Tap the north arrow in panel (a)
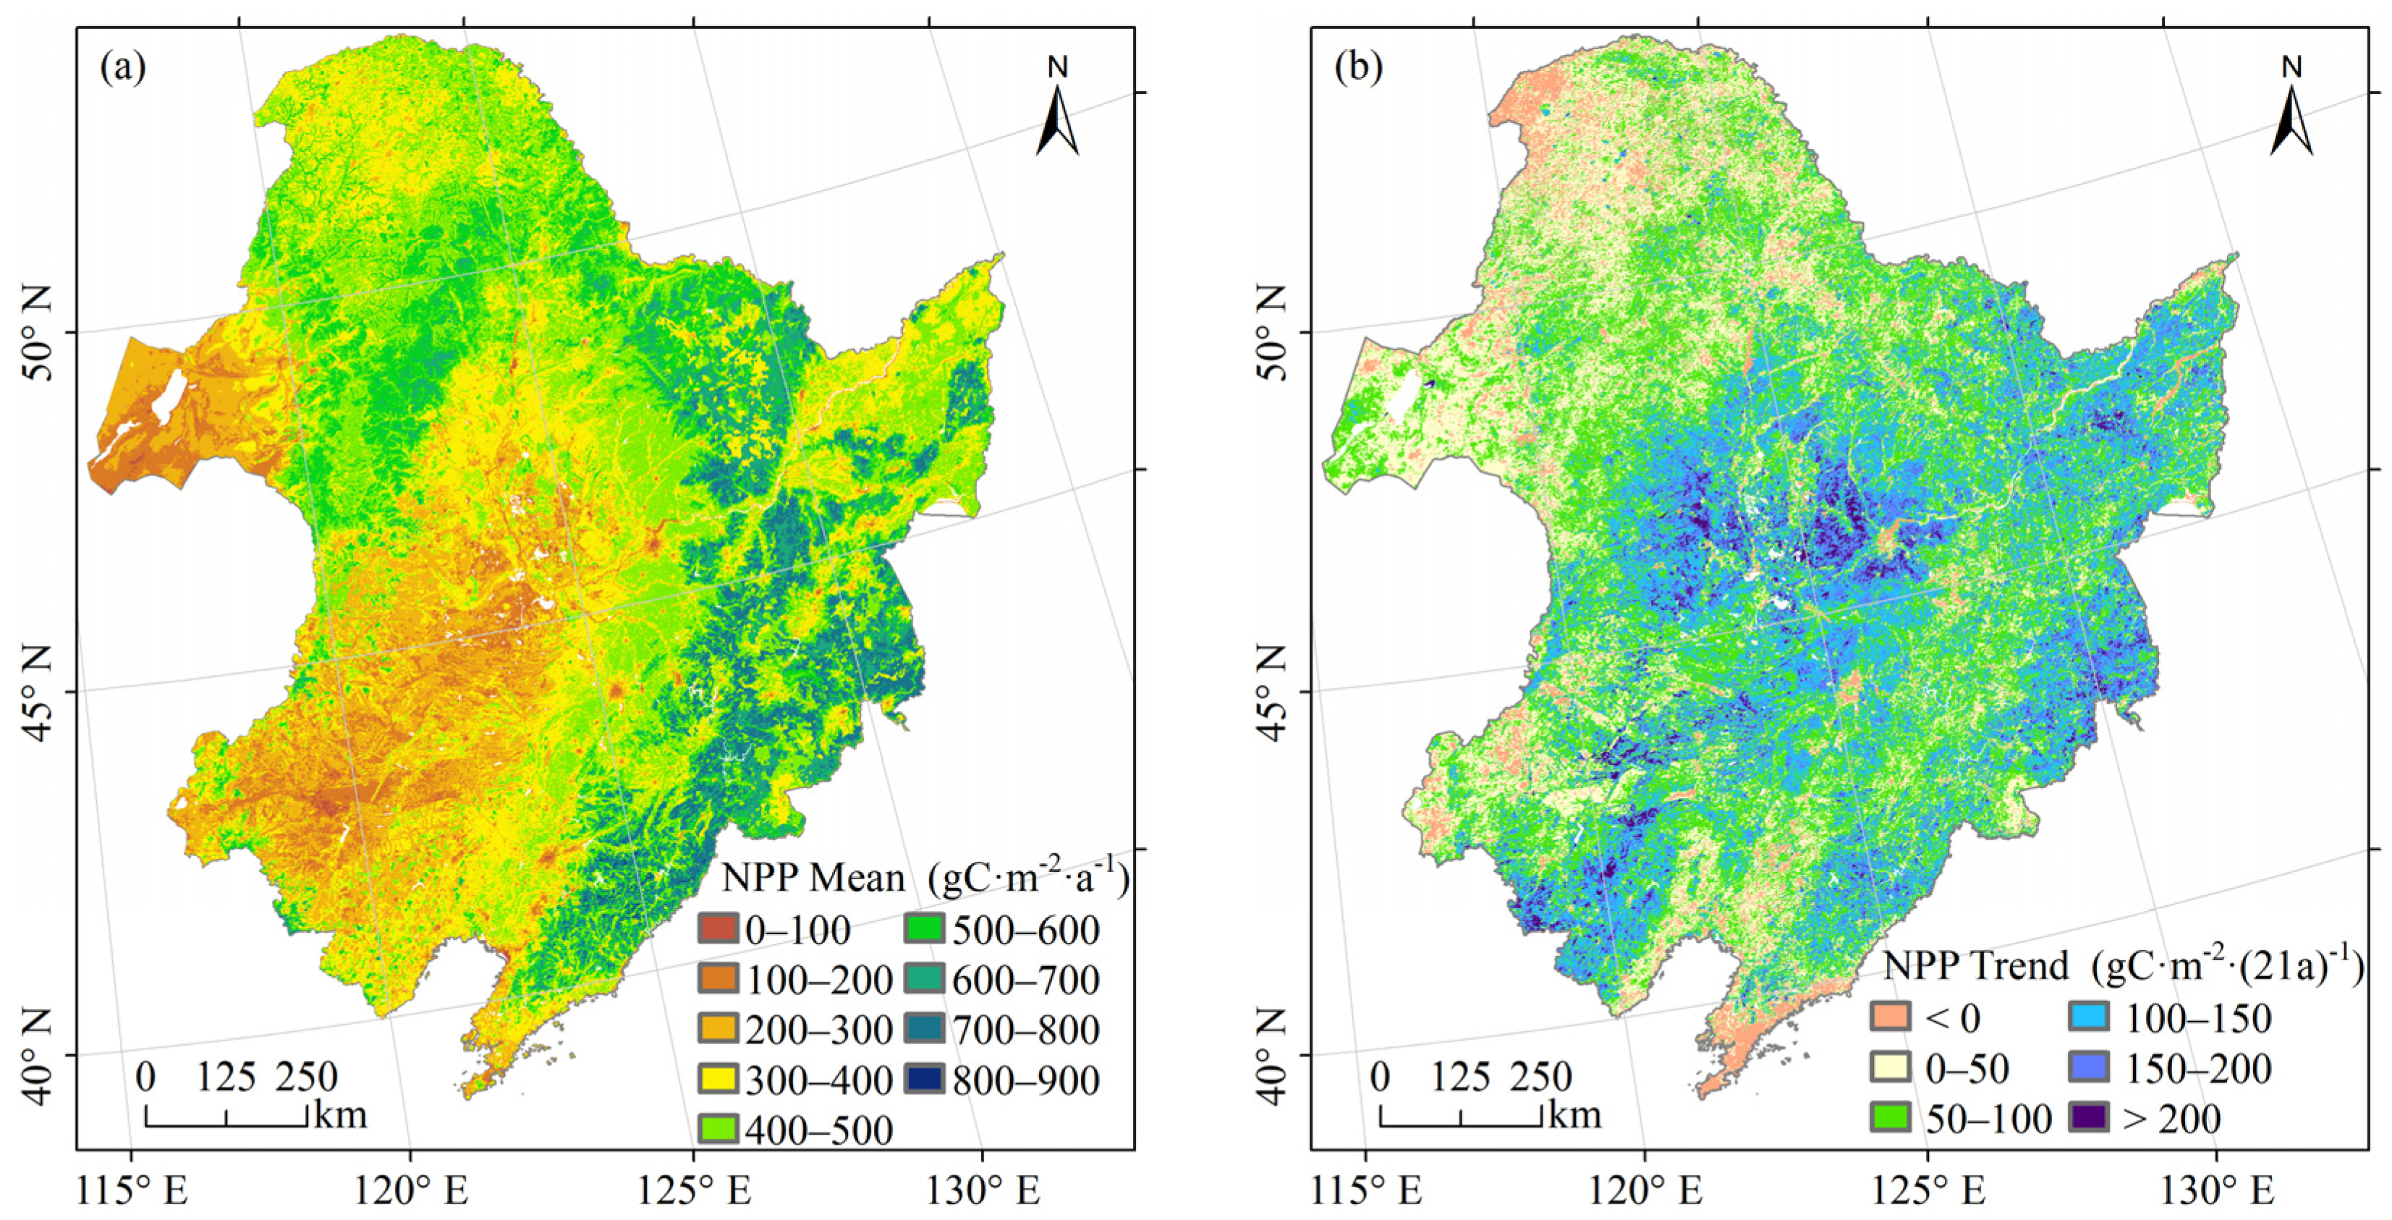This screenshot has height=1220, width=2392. click(x=1058, y=116)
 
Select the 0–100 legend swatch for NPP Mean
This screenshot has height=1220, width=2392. click(x=718, y=928)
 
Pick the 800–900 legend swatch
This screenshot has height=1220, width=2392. click(x=925, y=1079)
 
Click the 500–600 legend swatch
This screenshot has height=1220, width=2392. click(x=925, y=928)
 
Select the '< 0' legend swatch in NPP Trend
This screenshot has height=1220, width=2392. click(x=1891, y=1017)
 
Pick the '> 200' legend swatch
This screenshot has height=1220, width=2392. click(x=2090, y=1117)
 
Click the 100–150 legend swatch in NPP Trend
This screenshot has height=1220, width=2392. click(x=2090, y=1017)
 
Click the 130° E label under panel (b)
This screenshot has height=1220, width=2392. click(x=2218, y=1191)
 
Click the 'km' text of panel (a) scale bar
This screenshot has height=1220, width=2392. click(x=341, y=1113)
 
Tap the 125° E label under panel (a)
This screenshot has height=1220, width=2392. click(x=695, y=1191)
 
